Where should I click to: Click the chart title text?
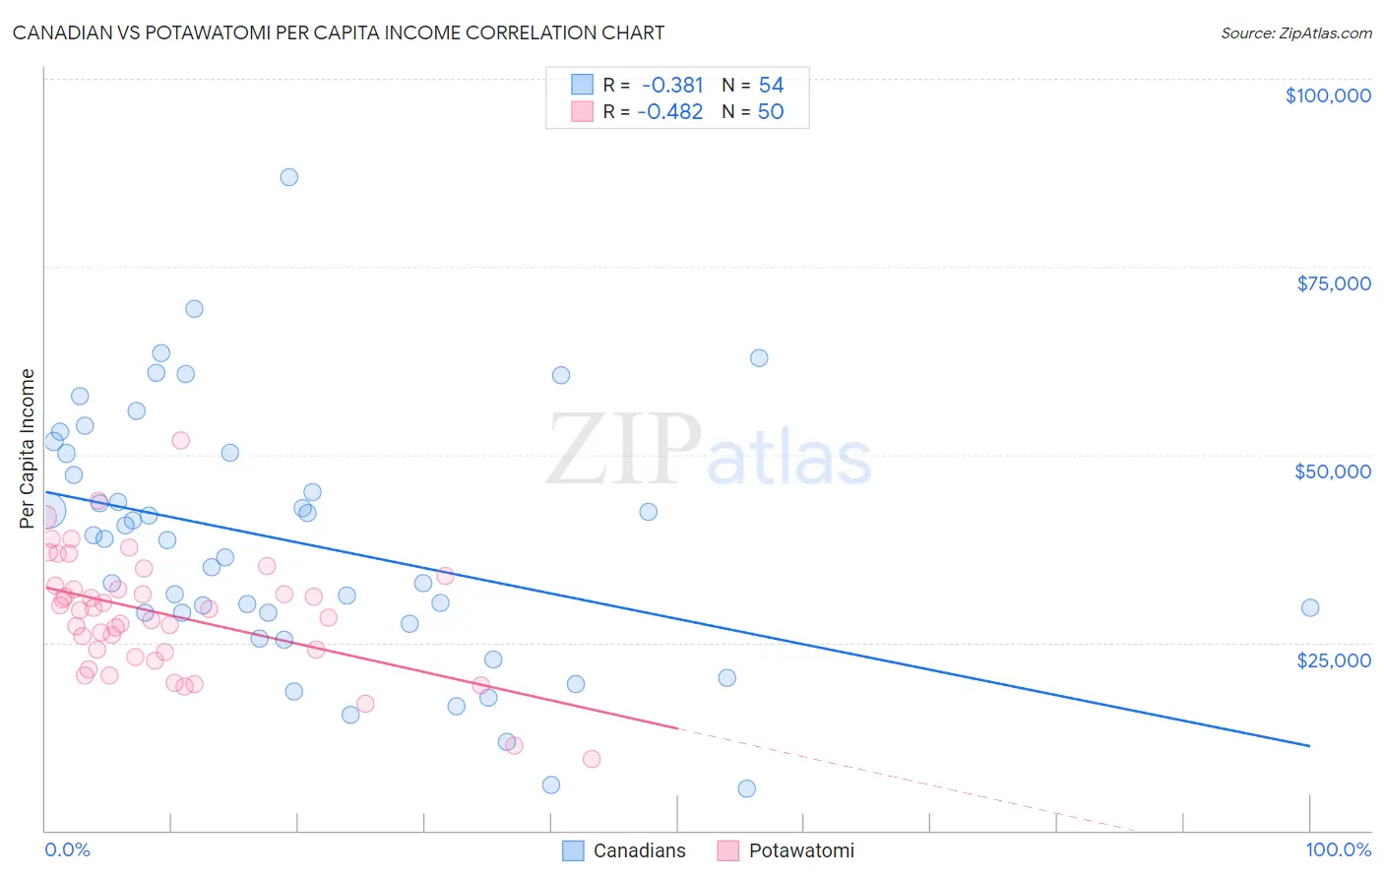[x=339, y=32]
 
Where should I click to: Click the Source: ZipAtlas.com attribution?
[x=1295, y=32]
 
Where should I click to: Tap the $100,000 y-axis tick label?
[x=1327, y=95]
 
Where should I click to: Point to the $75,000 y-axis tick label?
[x=1333, y=283]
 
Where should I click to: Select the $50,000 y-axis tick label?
[x=1332, y=471]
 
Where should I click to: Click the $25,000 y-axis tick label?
[x=1333, y=659]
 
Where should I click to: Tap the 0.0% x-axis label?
[x=67, y=849]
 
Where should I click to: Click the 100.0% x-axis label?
[x=1338, y=849]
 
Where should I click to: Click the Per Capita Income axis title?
[x=28, y=448]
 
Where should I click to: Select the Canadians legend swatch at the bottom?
[x=573, y=850]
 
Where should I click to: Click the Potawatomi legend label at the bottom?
[x=801, y=850]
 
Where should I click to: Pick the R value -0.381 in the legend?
[x=672, y=86]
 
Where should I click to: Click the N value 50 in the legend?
[x=771, y=112]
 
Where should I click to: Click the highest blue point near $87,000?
[x=288, y=177]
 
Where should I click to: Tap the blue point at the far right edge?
[x=1309, y=608]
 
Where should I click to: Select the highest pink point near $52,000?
[x=180, y=440]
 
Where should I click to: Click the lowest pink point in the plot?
[x=592, y=759]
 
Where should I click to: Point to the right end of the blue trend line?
[x=1309, y=746]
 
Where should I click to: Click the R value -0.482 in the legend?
[x=670, y=112]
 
